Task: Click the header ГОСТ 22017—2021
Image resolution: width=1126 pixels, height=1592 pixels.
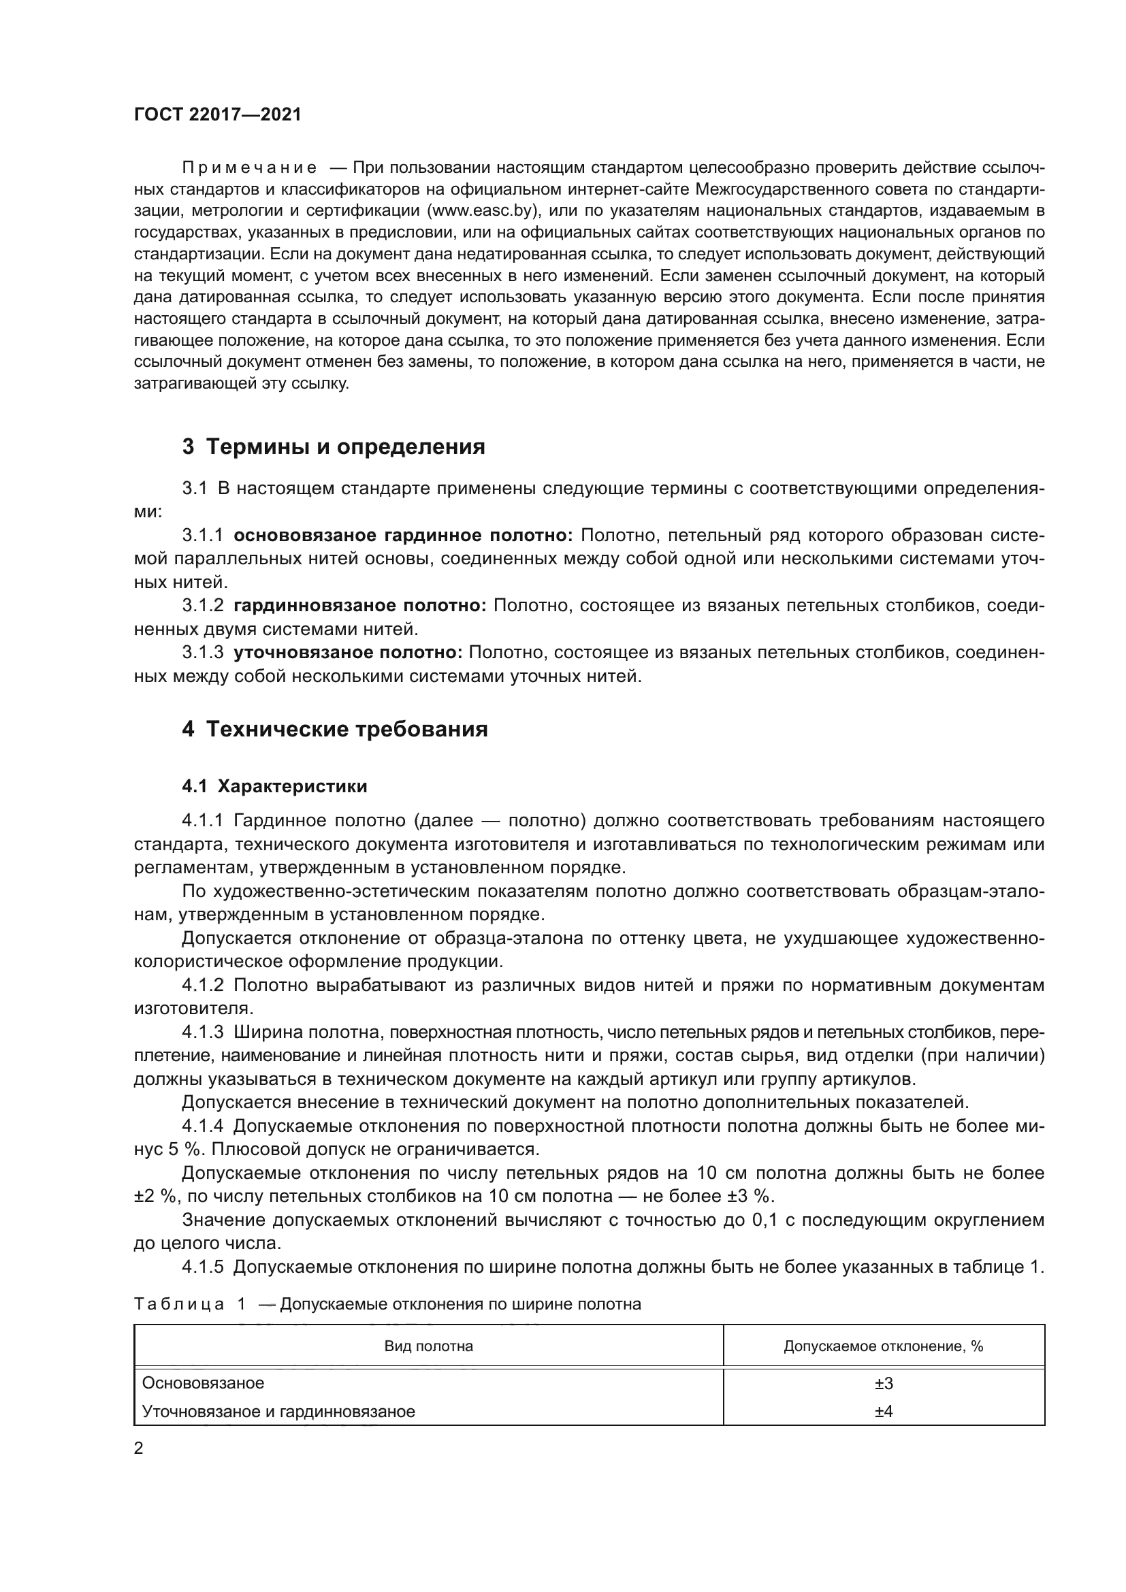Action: [217, 114]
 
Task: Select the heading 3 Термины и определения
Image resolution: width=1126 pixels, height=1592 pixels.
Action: [334, 447]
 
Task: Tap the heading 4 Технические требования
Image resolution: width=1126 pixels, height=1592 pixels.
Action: [335, 730]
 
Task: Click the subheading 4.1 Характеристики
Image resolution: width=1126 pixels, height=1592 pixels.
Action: [274, 786]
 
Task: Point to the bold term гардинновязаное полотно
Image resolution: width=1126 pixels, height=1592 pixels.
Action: [360, 606]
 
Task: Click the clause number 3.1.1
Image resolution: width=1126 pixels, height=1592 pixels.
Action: [202, 535]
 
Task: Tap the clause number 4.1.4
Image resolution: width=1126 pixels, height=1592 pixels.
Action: [202, 1126]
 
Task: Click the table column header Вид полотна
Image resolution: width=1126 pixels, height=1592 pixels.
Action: [428, 1346]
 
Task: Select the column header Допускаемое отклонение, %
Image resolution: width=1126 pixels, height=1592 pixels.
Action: [884, 1346]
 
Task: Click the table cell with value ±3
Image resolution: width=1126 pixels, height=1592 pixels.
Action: [884, 1384]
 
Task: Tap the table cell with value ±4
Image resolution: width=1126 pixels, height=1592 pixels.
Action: [884, 1411]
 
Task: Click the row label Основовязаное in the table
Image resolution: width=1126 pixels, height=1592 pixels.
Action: [203, 1383]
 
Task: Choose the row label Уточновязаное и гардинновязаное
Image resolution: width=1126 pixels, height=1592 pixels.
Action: [278, 1411]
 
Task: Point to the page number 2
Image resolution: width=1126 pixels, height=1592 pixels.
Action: [139, 1448]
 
